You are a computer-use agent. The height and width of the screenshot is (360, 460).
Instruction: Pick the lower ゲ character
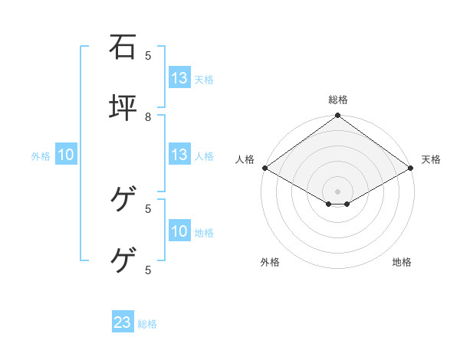[x=123, y=261]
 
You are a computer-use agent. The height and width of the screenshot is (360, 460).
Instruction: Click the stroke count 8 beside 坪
[x=148, y=116]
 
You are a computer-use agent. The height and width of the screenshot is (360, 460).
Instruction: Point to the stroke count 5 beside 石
[x=148, y=55]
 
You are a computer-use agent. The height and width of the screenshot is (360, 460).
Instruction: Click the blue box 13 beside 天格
[x=179, y=78]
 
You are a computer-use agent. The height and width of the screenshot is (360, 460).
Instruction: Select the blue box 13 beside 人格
[x=179, y=155]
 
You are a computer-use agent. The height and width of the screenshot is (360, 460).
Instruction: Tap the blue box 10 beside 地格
[x=179, y=231]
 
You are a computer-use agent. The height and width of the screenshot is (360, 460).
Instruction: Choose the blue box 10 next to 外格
[x=66, y=155]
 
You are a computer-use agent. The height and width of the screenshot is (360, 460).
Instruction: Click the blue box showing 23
[x=123, y=322]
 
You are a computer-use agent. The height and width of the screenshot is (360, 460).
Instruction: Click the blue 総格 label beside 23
[x=147, y=324]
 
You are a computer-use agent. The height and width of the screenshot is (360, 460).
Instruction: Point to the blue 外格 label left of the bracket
[x=41, y=156]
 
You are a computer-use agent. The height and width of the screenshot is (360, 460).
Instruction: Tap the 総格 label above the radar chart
[x=337, y=100]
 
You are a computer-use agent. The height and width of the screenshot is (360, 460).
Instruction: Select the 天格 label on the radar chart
[x=431, y=159]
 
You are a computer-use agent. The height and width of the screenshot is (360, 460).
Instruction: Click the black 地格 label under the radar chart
[x=402, y=262]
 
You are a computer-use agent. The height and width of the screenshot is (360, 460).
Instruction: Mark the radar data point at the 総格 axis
[x=337, y=116]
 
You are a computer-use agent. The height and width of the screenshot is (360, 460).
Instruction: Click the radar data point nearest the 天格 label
[x=412, y=168]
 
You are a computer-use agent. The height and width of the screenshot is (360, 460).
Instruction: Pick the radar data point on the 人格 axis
[x=264, y=168]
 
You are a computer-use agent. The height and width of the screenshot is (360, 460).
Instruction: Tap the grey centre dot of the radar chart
[x=337, y=191]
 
